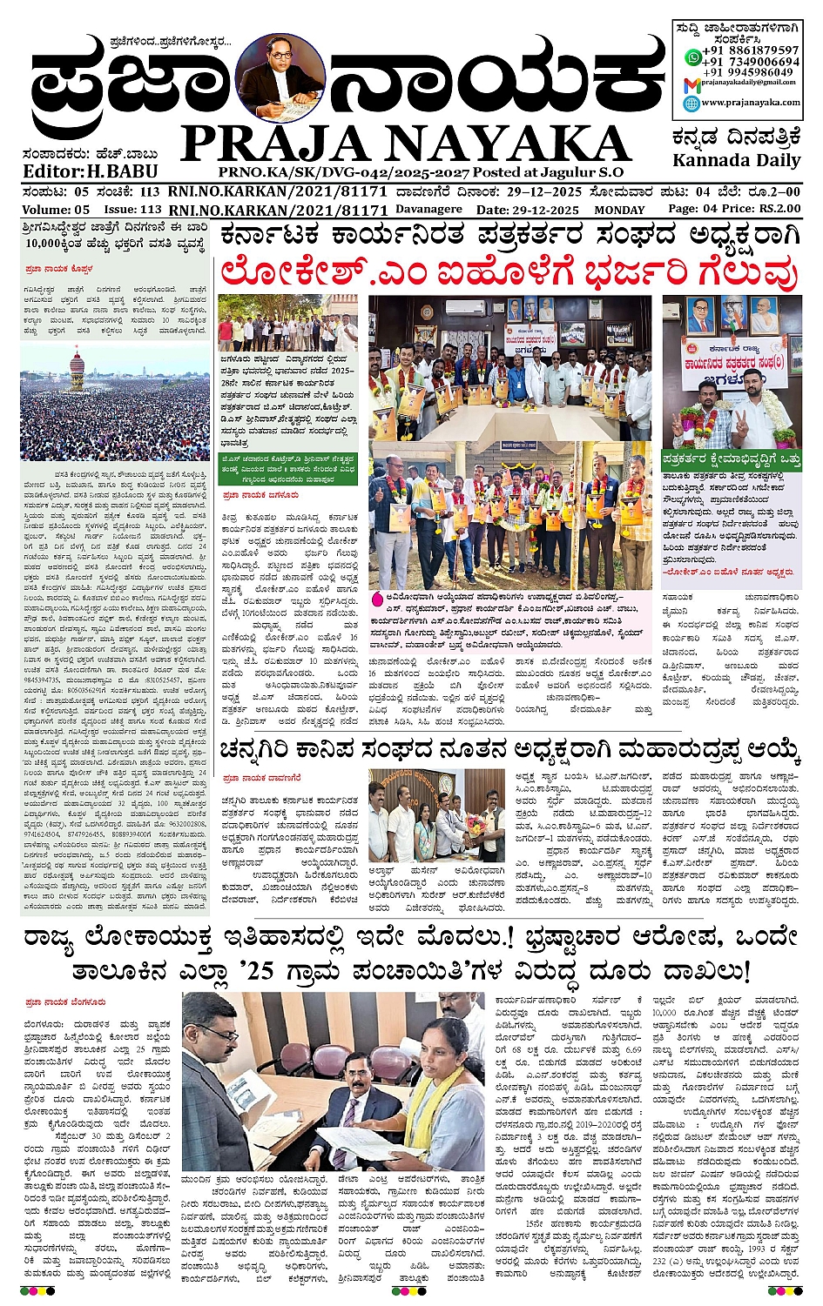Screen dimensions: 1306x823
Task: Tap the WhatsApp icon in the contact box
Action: (x=692, y=57)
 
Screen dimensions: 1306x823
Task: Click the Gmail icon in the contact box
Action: (x=691, y=85)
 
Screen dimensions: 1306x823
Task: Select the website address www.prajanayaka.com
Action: (x=750, y=103)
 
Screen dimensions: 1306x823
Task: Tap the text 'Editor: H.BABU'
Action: (x=78, y=171)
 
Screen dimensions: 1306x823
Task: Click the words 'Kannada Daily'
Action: (x=736, y=161)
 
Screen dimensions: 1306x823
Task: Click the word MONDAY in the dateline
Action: (x=619, y=210)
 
